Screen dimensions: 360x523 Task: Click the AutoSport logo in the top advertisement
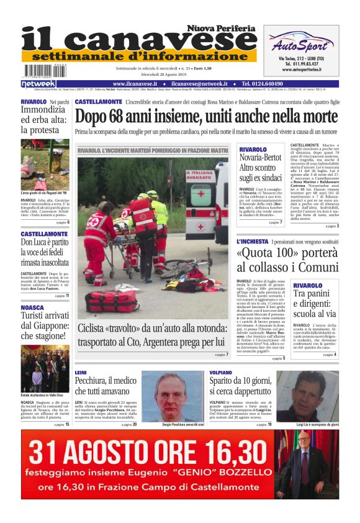point(300,44)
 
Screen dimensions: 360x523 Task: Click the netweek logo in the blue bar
point(38,84)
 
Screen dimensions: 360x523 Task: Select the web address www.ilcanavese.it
point(135,84)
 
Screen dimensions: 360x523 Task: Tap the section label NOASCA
point(32,307)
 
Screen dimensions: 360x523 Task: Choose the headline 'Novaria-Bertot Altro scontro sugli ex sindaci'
point(259,168)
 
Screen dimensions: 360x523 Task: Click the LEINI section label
point(81,373)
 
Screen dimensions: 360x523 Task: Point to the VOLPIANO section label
point(221,373)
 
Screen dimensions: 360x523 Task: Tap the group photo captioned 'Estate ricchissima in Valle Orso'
point(45,369)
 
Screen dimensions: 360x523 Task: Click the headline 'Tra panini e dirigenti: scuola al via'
point(314,302)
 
